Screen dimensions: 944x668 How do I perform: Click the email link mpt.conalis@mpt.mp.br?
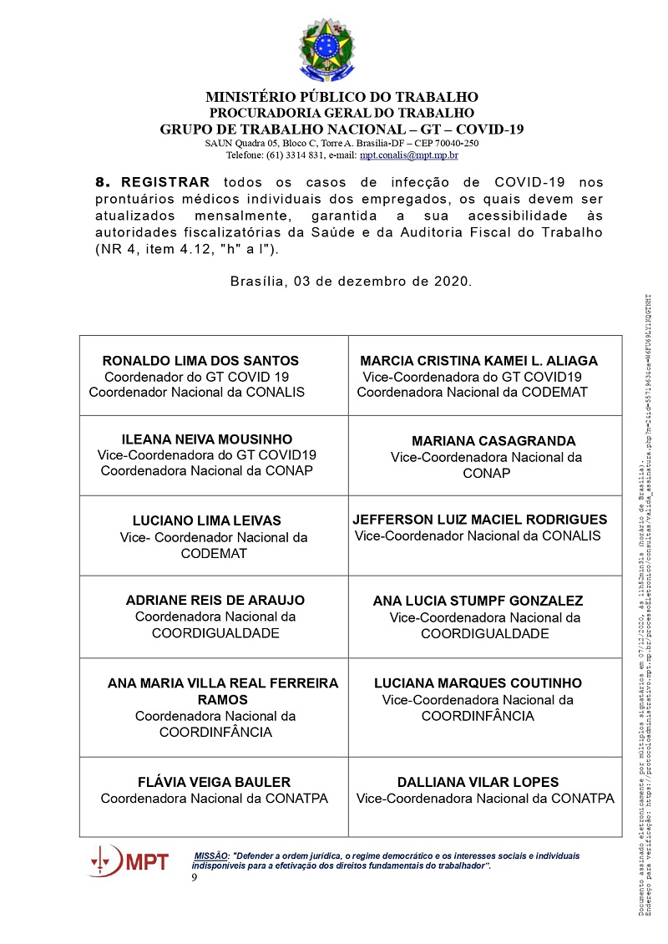408,155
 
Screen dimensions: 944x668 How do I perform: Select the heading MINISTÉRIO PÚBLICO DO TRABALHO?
342,97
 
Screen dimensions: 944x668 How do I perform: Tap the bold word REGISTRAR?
166,182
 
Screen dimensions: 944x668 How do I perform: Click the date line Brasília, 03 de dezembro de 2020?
351,281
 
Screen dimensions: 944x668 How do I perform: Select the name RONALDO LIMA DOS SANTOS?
200,361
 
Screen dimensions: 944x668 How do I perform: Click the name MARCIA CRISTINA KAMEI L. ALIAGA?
478,361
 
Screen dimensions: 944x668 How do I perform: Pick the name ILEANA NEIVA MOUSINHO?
207,439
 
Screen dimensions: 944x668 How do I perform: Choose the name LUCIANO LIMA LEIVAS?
207,520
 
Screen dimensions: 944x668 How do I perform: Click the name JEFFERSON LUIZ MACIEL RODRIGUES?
480,520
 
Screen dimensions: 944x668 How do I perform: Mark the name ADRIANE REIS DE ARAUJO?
215,601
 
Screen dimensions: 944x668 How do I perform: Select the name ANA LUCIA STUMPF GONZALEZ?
478,601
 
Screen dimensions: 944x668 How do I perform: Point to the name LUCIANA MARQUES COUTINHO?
478,683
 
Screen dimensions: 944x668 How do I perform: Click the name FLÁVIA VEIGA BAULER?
214,783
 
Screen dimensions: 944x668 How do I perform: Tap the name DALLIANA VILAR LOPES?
478,783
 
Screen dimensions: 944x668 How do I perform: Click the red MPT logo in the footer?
129,860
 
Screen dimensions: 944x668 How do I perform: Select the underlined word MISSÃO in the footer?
211,856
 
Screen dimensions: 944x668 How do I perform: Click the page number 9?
195,878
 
